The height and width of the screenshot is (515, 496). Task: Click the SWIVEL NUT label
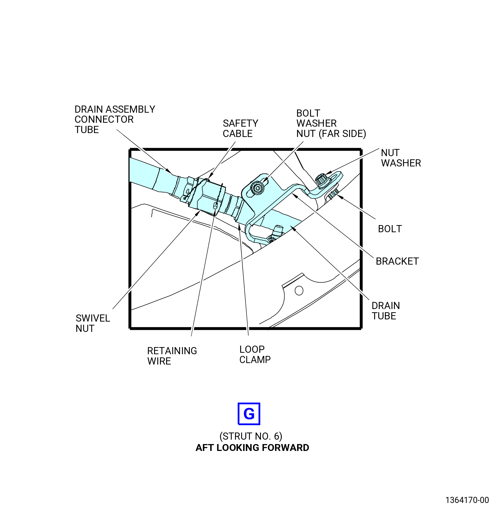click(x=93, y=323)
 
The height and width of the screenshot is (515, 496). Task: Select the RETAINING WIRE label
click(x=172, y=356)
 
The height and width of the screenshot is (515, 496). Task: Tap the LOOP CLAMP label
click(x=255, y=354)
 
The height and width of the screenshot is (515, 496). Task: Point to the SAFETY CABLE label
click(x=240, y=128)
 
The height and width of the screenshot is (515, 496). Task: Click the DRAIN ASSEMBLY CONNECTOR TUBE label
click(x=115, y=119)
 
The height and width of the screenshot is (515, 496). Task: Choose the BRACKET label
click(x=397, y=261)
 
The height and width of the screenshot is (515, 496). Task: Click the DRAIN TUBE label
click(x=386, y=311)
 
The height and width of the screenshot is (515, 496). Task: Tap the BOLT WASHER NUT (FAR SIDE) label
click(x=331, y=123)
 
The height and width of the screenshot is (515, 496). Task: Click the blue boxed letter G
click(x=249, y=414)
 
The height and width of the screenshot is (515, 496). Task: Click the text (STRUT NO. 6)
click(x=251, y=436)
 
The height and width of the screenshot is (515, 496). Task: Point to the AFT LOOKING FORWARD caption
click(x=252, y=447)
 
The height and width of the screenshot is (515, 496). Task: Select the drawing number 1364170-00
click(x=467, y=500)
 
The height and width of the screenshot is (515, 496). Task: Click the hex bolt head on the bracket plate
click(x=257, y=188)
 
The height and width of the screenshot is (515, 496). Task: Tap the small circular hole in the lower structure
click(x=299, y=291)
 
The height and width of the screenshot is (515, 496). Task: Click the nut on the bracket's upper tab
click(x=321, y=180)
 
